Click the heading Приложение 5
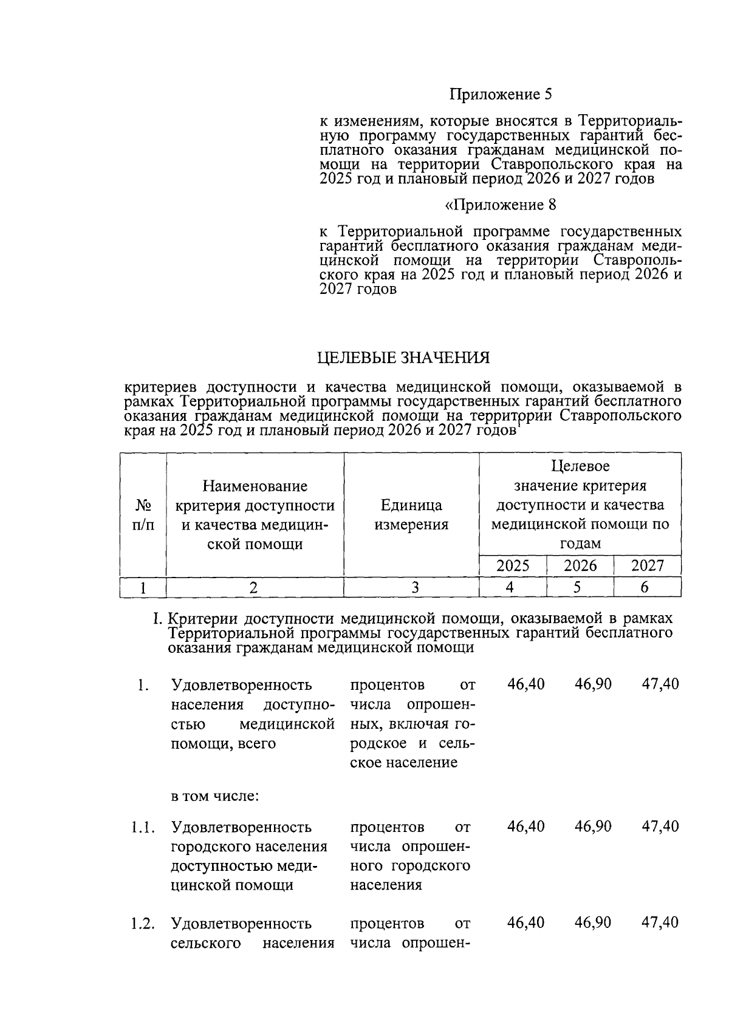(x=501, y=95)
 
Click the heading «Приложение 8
(x=501, y=205)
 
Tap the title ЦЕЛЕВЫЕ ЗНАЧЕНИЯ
(x=403, y=358)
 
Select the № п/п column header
(x=143, y=515)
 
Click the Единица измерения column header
(x=411, y=515)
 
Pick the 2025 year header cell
(x=513, y=565)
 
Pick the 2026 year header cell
(x=580, y=565)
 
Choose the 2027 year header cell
(x=647, y=565)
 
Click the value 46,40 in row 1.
(x=526, y=684)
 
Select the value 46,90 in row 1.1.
(x=593, y=826)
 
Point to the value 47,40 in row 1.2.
(x=660, y=922)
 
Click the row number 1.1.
(x=142, y=827)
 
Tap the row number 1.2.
(x=142, y=923)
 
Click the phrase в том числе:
(x=215, y=796)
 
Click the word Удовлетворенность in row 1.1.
(x=241, y=827)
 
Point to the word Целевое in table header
(x=580, y=466)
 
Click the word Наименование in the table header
(x=255, y=486)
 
